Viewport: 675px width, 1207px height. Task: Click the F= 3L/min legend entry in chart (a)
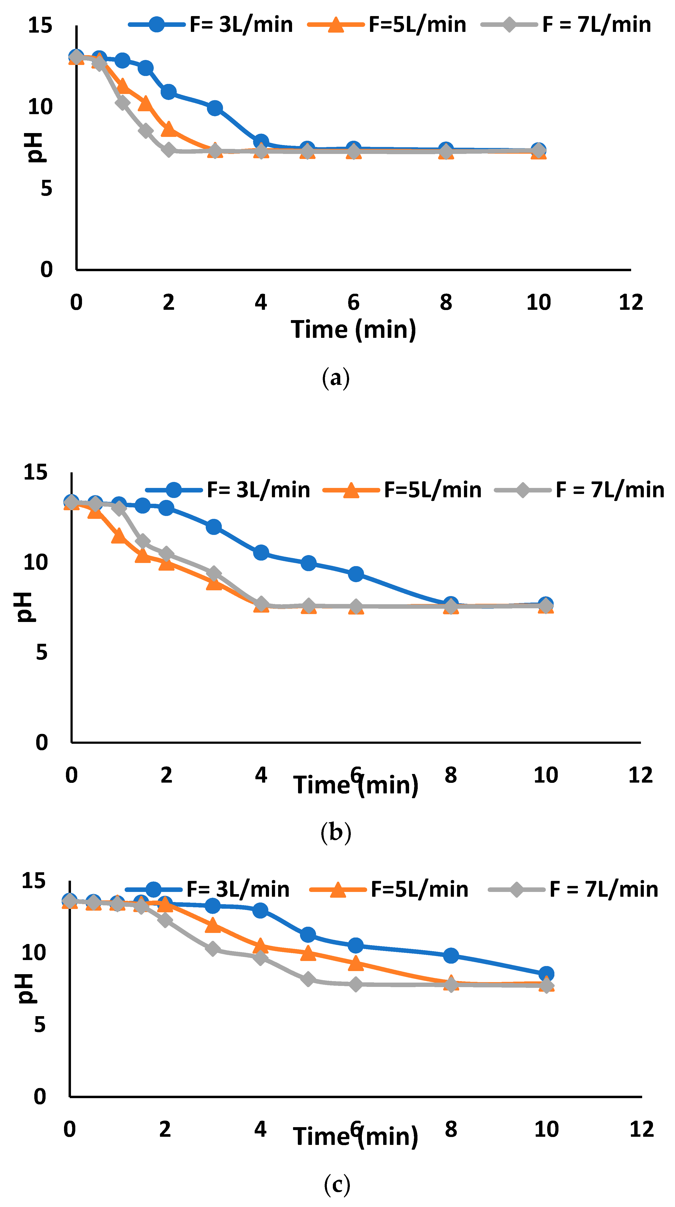coord(211,24)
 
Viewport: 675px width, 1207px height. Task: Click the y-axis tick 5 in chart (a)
coord(46,188)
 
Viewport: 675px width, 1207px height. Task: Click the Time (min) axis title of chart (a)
coord(353,329)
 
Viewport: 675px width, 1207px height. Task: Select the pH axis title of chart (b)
coord(23,607)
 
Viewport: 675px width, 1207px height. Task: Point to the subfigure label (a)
coord(336,378)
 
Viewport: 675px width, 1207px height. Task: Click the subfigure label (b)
coord(336,833)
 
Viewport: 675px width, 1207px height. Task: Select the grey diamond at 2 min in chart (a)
coord(168,150)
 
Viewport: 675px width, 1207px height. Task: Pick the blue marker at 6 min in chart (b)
coord(356,574)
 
